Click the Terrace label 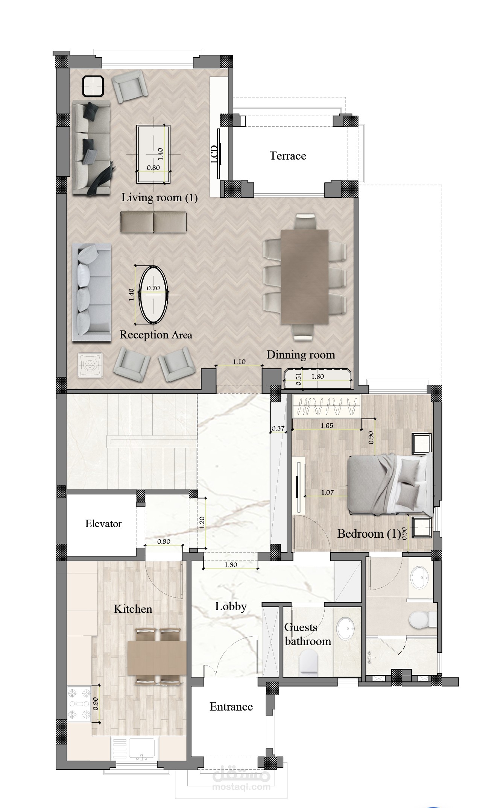coord(288,156)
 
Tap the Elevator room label coord(103,524)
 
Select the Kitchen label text coord(133,609)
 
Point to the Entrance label coord(231,707)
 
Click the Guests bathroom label coord(308,634)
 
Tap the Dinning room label coord(301,355)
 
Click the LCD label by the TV coord(214,154)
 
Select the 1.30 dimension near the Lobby coord(231,565)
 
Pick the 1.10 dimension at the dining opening coord(239,362)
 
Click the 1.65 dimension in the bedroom coord(327,426)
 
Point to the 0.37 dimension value coord(278,428)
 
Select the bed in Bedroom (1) coord(389,484)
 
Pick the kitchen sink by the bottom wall coord(142,750)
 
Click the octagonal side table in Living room coord(93,86)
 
